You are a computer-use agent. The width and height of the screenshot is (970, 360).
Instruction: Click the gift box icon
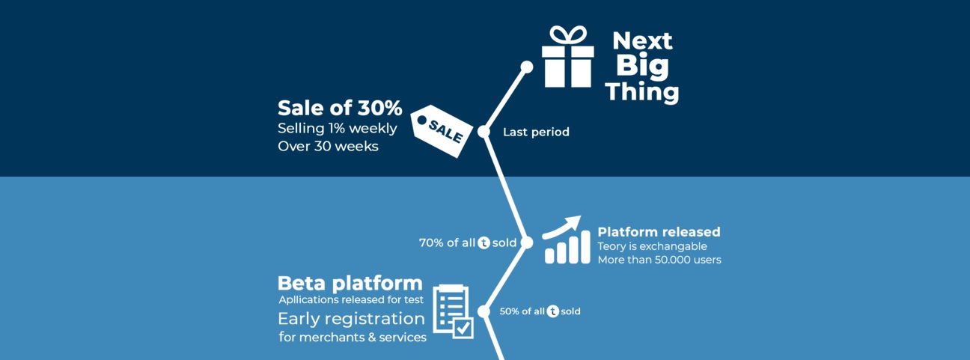tap(568, 56)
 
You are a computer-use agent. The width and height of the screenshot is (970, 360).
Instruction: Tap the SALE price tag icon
tap(442, 131)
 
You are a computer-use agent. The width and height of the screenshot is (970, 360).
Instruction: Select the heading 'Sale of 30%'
tap(340, 108)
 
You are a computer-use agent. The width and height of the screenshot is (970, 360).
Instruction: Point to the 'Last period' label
tap(536, 132)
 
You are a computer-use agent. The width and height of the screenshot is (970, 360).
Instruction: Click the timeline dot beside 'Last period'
tap(484, 131)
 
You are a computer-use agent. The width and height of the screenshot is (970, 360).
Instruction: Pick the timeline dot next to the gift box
tap(527, 67)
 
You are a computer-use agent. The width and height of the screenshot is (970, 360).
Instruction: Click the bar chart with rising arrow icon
tap(565, 240)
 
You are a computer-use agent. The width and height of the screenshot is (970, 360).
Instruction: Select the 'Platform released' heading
tap(659, 232)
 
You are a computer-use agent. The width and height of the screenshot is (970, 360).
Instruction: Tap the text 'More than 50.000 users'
tap(659, 260)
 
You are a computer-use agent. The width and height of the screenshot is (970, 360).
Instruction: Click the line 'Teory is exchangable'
tap(652, 246)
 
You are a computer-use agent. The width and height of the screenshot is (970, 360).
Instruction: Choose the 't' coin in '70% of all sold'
tap(484, 242)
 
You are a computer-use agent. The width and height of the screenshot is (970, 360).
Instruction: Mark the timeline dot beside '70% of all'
tap(527, 242)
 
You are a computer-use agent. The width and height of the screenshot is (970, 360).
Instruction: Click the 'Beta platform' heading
tap(350, 284)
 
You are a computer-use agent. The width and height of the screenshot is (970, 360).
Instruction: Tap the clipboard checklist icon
tap(453, 311)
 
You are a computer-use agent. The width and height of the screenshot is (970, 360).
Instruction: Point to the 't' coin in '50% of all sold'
tap(552, 311)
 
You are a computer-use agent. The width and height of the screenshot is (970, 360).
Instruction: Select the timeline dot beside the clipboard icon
tap(484, 311)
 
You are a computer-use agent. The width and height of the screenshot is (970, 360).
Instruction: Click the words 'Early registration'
tap(351, 319)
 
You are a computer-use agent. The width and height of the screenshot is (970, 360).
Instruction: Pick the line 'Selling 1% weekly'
tap(338, 128)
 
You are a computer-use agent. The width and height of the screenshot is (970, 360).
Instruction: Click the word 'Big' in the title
tap(642, 67)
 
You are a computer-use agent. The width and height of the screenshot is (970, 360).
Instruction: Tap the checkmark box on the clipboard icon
tap(463, 329)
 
